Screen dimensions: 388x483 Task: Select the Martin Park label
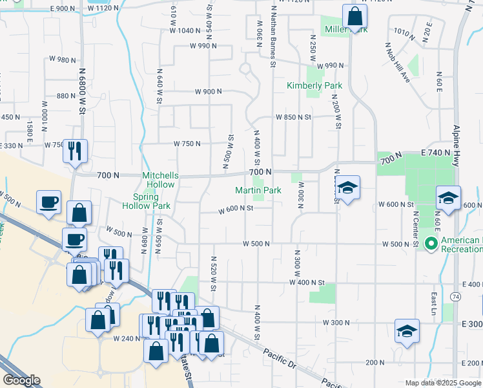pyautogui.click(x=258, y=190)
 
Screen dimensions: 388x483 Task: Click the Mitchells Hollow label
pyautogui.click(x=159, y=180)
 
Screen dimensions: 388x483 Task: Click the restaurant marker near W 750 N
pyautogui.click(x=75, y=151)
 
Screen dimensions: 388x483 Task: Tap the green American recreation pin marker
pyautogui.click(x=431, y=244)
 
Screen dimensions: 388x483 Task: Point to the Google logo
pyautogui.click(x=22, y=380)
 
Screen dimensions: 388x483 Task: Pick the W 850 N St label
pyautogui.click(x=293, y=117)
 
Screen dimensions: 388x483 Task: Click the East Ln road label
pyautogui.click(x=433, y=304)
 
